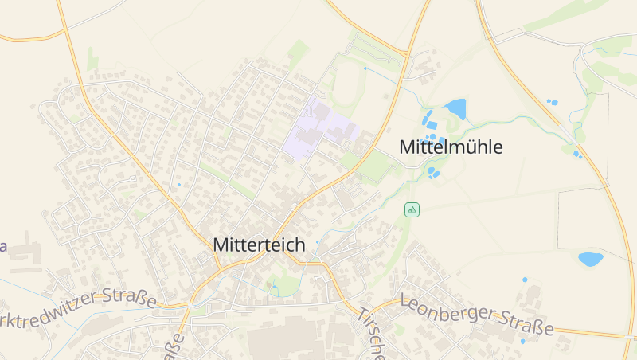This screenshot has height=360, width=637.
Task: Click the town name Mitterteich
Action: pos(259,246)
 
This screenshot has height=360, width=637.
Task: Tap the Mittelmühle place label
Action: pos(451,147)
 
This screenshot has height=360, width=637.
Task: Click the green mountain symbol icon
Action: pos(412,209)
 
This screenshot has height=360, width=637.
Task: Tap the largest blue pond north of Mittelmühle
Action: pos(456,108)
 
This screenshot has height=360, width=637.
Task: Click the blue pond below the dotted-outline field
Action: pos(590,259)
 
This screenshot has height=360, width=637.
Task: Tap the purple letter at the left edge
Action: pos(2,246)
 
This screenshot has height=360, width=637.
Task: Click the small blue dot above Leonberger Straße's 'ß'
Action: pos(525,280)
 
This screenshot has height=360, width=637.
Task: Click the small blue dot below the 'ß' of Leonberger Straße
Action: pos(522,342)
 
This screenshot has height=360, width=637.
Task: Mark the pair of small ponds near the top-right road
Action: pos(551,102)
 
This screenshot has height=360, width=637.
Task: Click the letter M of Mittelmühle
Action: pos(407,147)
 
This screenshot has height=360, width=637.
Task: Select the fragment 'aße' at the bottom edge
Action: pos(175,346)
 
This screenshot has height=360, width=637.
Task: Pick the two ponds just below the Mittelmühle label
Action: pos(433,172)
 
